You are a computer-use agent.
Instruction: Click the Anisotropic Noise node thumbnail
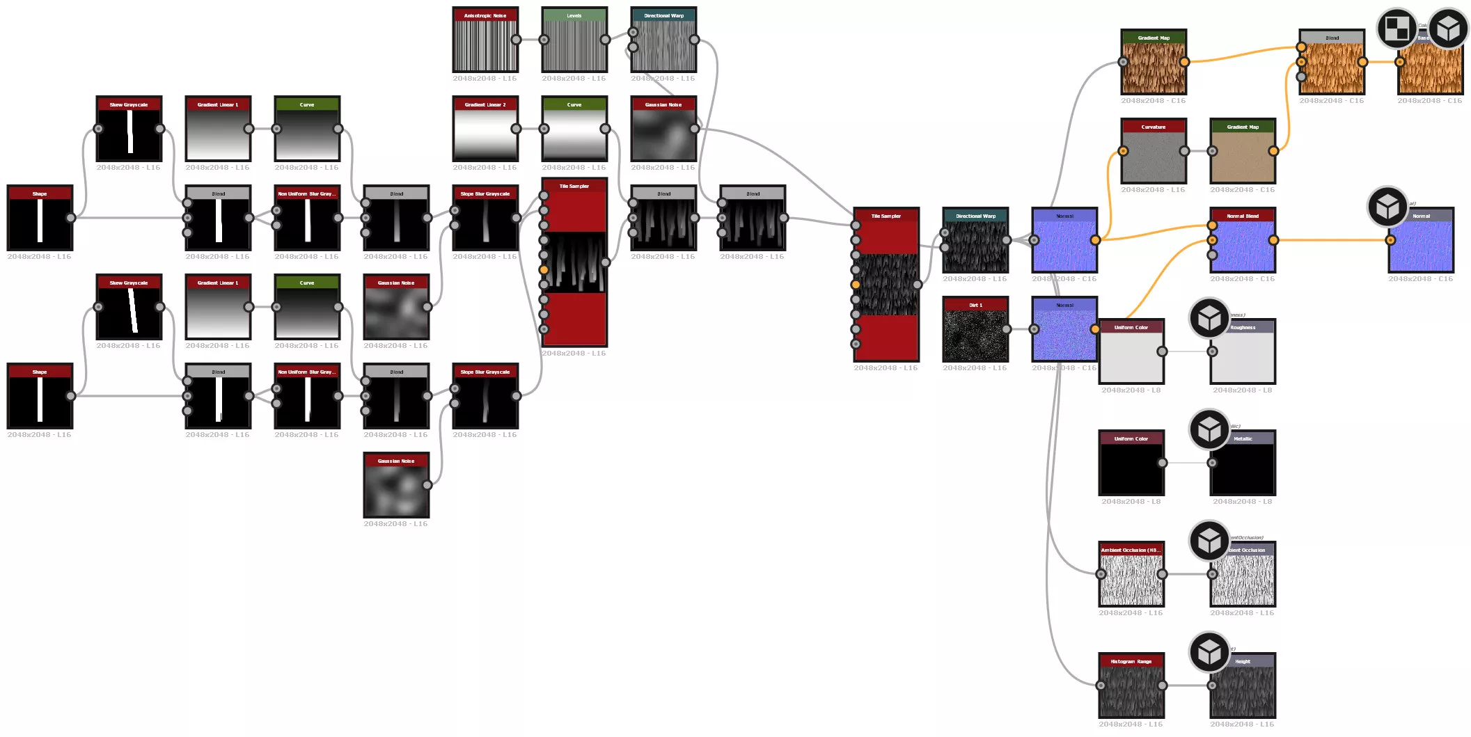point(485,45)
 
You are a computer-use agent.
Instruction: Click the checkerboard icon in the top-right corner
point(1397,29)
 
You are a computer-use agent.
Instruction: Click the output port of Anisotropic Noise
point(516,40)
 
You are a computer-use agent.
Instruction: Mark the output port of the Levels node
point(605,40)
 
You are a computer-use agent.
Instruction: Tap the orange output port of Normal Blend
point(1273,240)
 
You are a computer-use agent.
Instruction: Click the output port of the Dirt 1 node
point(1006,329)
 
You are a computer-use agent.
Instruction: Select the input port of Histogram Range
point(1101,686)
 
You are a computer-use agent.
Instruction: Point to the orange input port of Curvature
point(1123,151)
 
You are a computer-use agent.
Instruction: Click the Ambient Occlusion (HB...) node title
point(1131,550)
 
